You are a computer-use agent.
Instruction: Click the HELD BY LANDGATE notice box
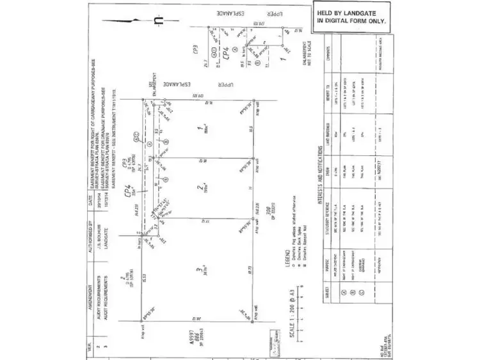point(352,17)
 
